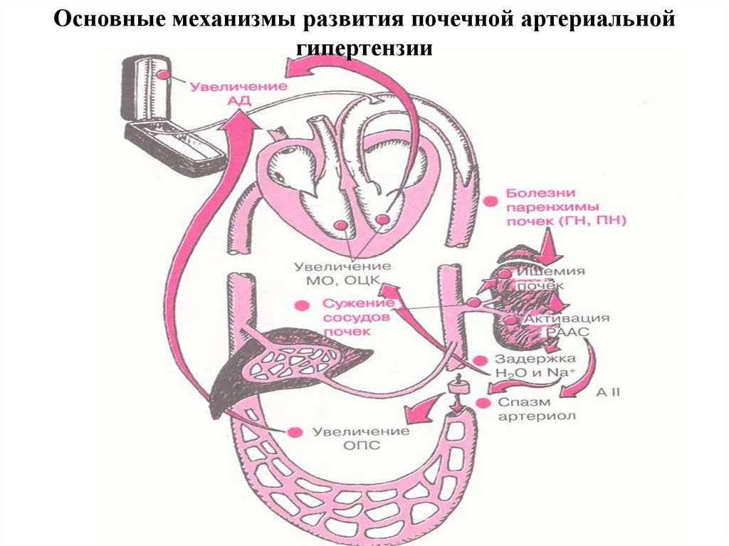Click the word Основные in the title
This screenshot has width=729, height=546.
pyautogui.click(x=107, y=19)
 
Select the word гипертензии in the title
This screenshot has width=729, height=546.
pyautogui.click(x=364, y=48)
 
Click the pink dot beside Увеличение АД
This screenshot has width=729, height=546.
pyautogui.click(x=164, y=74)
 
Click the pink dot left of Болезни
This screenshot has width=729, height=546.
pyautogui.click(x=490, y=201)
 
